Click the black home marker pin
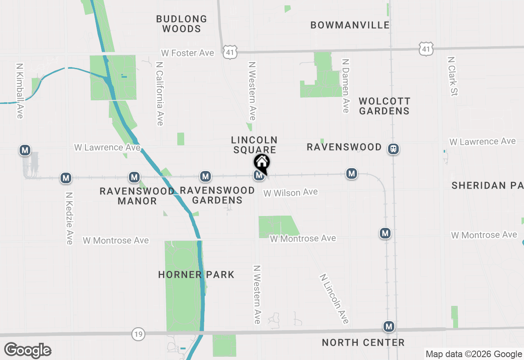262,163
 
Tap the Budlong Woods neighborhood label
181,24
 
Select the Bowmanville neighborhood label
350,25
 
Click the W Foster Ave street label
187,53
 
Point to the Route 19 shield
138,334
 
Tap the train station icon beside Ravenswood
393,149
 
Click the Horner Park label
196,274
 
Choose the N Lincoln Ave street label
334,299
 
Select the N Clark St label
452,76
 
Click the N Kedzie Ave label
69,218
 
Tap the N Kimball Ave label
19,90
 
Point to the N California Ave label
160,94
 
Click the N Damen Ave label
346,85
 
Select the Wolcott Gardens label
384,106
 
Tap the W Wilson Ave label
291,193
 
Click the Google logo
27,350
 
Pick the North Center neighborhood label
363,342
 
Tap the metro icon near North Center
389,326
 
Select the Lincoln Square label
254,145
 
